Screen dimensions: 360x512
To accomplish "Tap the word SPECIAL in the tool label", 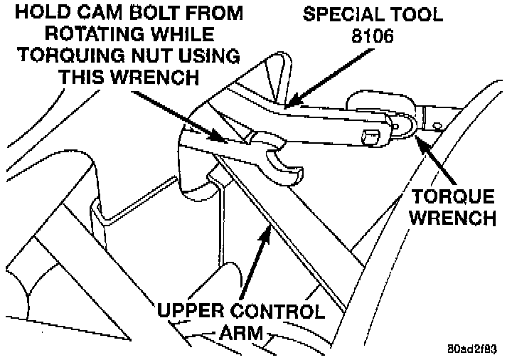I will pyautogui.click(x=331, y=14).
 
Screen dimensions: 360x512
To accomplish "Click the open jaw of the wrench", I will pyautogui.click(x=286, y=164).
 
